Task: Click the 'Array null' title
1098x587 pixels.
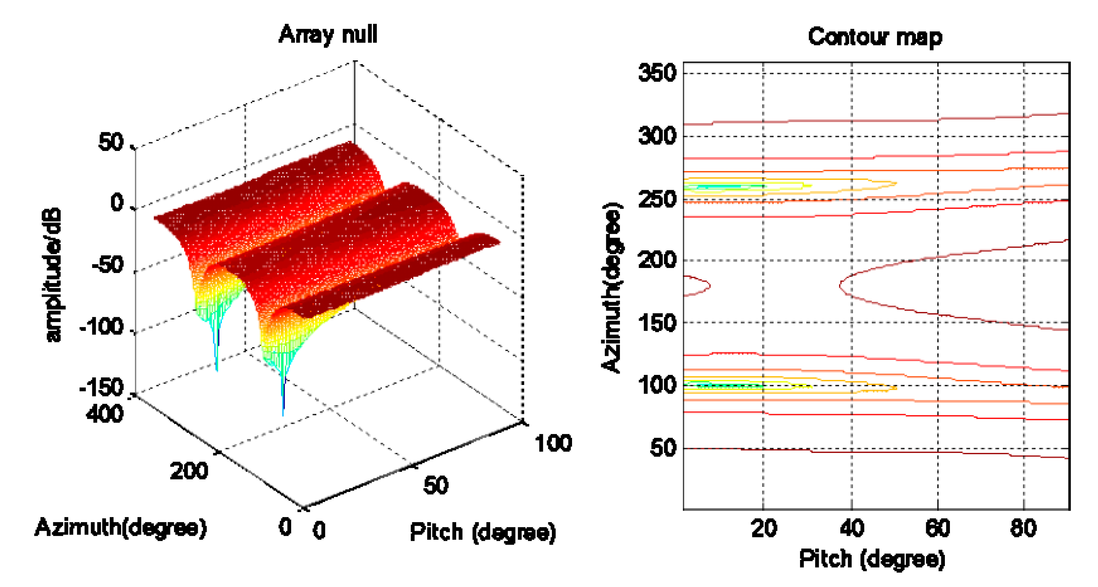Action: click(x=328, y=35)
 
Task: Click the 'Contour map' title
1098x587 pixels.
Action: click(x=875, y=37)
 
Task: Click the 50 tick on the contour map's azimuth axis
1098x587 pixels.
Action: click(x=663, y=448)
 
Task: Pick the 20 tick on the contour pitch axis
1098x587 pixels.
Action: click(x=764, y=528)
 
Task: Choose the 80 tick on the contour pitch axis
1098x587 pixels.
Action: click(x=1023, y=528)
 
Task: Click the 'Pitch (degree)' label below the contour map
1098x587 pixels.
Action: click(x=872, y=559)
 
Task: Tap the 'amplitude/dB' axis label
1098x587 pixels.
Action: click(x=54, y=275)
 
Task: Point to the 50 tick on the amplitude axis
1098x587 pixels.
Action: click(x=111, y=143)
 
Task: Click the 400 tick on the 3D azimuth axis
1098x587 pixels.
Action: click(x=105, y=414)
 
